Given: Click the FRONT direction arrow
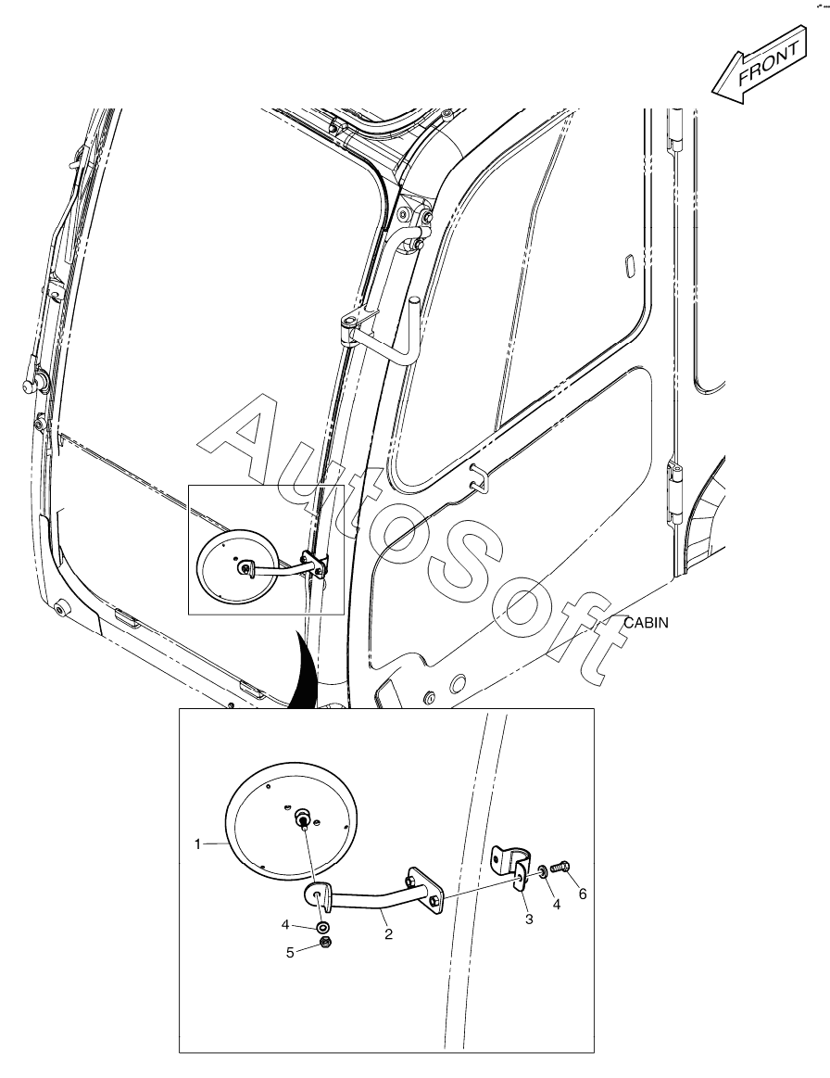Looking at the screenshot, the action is tap(759, 66).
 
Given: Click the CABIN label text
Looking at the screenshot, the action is tap(646, 623).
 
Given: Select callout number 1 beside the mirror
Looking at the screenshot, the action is tap(198, 843).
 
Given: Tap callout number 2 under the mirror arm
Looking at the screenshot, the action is tap(388, 934).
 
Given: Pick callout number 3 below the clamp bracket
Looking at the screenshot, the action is tap(529, 919).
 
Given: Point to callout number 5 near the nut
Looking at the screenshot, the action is tap(291, 952).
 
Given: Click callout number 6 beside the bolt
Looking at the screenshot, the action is tap(583, 894).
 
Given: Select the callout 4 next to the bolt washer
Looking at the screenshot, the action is tap(557, 905).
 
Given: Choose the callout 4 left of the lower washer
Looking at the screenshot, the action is tap(286, 925).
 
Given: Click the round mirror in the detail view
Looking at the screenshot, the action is tap(292, 819).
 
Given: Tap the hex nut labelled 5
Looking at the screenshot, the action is tap(327, 943).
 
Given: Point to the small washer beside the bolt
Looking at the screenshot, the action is tap(543, 872).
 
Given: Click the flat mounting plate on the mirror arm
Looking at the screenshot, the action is tap(424, 891).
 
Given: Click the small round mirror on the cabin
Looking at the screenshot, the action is tap(238, 566).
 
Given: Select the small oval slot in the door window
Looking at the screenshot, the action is tap(628, 266).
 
